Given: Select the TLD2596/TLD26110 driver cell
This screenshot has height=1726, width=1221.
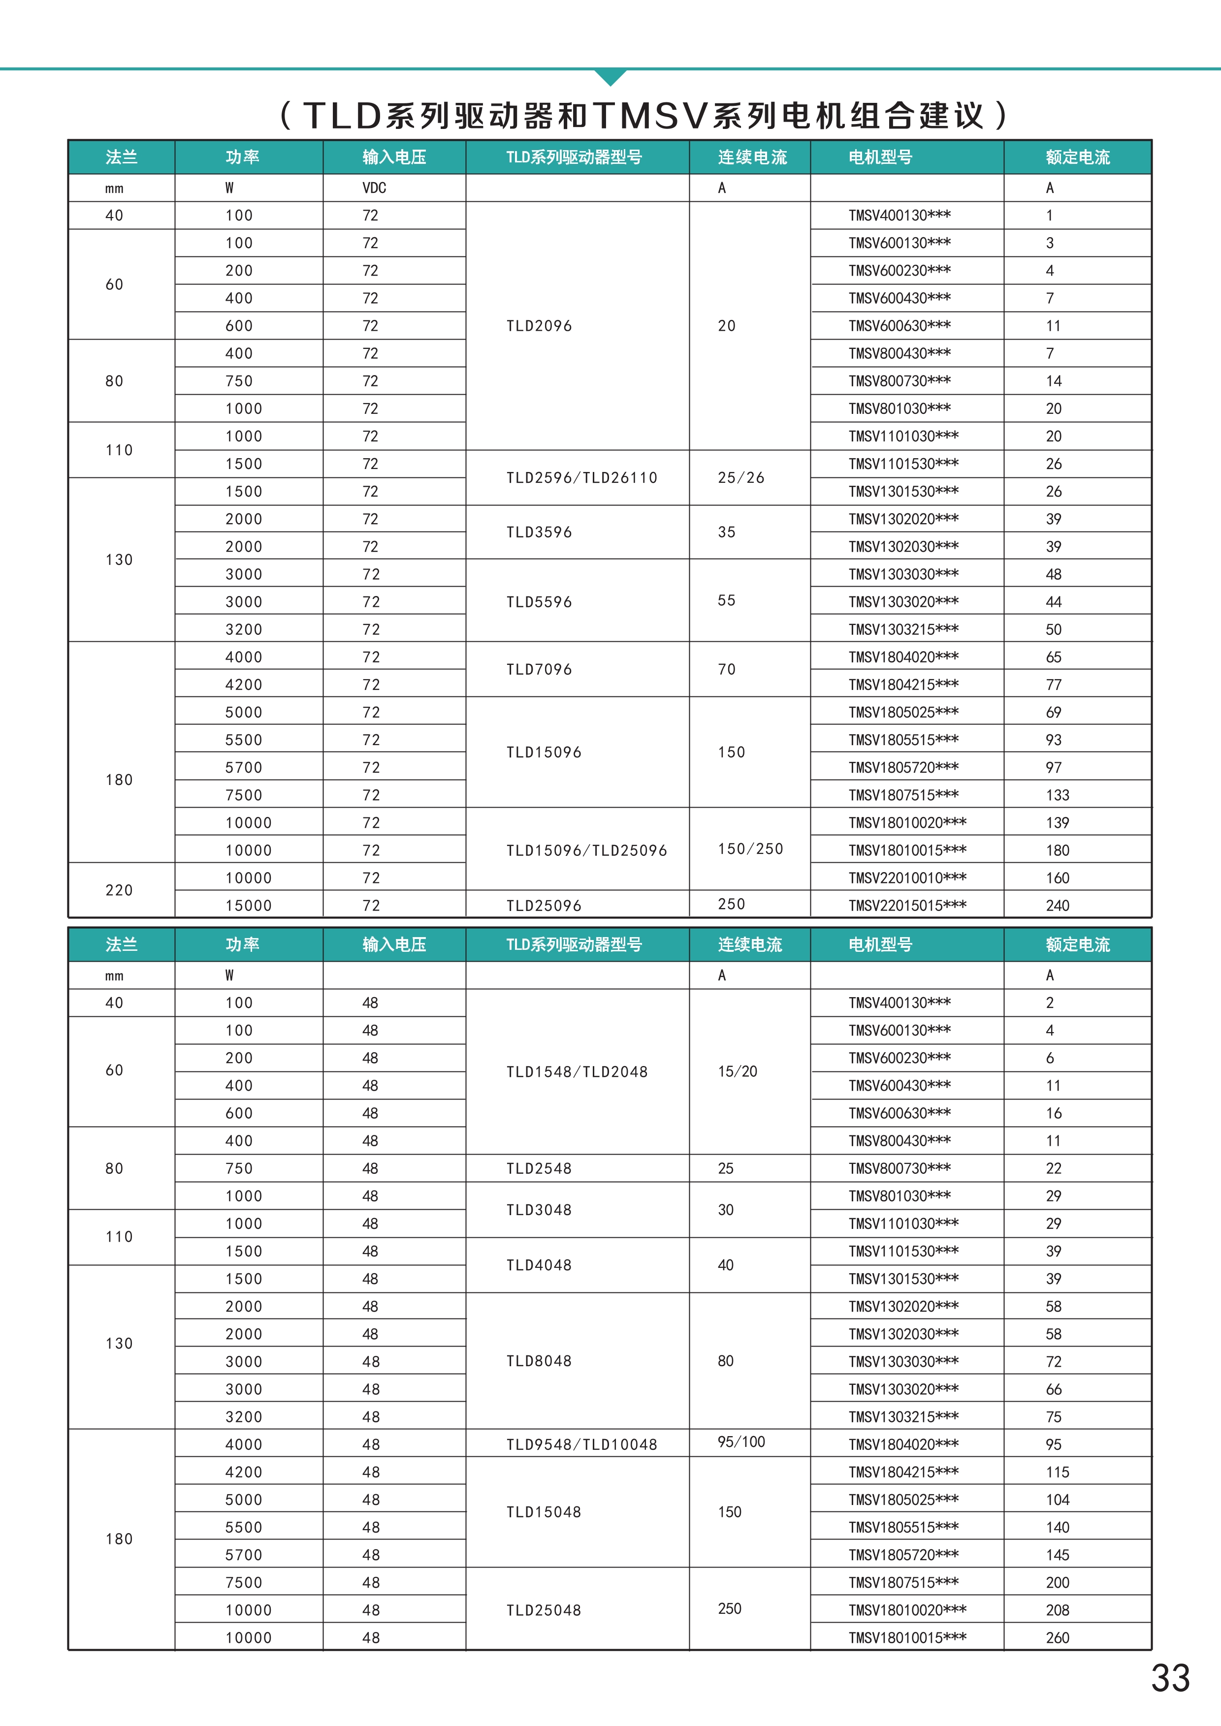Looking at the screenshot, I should pos(581,478).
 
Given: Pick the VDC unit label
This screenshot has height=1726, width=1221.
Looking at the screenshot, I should pos(374,188).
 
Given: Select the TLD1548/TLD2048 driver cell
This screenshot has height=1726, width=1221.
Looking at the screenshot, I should pos(577,1072).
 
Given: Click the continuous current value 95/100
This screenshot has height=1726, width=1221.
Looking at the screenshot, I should pos(740,1442).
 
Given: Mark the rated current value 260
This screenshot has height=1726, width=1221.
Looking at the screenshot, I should pos(1057,1637).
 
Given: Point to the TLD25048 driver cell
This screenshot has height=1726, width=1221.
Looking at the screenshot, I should pos(544,1610).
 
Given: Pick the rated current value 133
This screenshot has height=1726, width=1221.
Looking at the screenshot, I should pos(1057,795).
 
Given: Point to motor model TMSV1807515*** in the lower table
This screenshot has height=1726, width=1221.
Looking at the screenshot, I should pos(903,1582).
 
